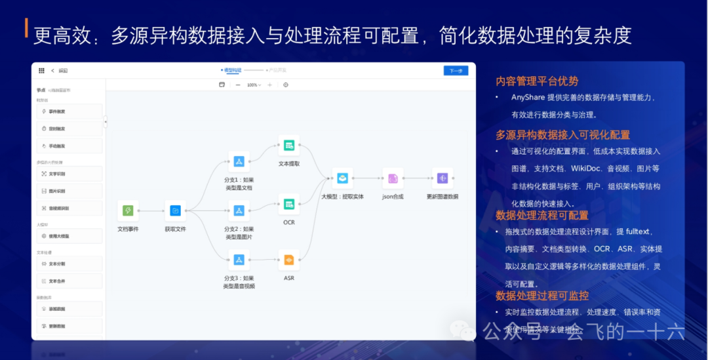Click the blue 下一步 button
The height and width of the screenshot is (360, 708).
tap(456, 70)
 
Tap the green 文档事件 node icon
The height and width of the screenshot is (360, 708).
tap(128, 210)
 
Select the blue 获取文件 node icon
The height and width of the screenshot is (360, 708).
tap(175, 210)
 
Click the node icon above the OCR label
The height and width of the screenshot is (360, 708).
tap(288, 204)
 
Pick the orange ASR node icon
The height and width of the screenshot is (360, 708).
tap(288, 260)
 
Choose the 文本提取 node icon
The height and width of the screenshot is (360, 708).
tap(288, 146)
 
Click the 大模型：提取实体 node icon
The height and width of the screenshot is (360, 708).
tap(342, 178)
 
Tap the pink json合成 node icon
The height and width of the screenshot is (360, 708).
tap(393, 178)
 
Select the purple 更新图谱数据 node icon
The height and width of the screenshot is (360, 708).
tap(442, 178)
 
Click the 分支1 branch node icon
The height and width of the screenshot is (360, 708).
tap(239, 161)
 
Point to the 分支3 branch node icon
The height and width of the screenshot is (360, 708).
tap(239, 260)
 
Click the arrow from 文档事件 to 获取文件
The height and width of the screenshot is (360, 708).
tap(151, 210)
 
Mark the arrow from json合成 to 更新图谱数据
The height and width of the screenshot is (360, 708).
tap(418, 178)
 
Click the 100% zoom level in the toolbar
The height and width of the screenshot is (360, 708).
tap(252, 85)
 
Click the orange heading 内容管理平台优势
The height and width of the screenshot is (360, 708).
tap(537, 81)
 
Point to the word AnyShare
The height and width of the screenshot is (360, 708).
tap(529, 97)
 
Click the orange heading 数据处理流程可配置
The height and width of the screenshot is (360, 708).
tap(542, 215)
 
